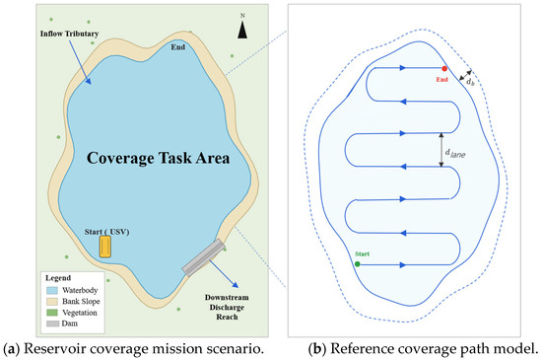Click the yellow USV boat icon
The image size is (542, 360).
click(x=105, y=247)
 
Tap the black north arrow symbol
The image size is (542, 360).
click(x=242, y=30)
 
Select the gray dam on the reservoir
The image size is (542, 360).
click(x=204, y=257)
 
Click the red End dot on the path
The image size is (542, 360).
click(x=444, y=68)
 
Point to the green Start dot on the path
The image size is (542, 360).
click(x=358, y=264)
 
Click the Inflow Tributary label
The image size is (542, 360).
click(x=70, y=34)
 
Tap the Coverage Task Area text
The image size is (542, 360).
click(x=158, y=158)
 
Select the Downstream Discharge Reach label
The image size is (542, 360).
click(x=227, y=307)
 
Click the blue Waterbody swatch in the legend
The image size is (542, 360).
click(x=52, y=290)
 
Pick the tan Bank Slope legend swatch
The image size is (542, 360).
click(x=52, y=301)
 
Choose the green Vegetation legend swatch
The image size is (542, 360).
click(x=52, y=313)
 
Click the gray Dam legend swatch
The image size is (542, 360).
click(x=52, y=324)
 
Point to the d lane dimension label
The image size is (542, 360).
click(x=455, y=153)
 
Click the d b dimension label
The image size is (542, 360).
click(x=470, y=82)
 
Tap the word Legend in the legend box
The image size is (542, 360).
click(x=58, y=278)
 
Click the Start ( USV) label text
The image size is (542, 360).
click(x=106, y=232)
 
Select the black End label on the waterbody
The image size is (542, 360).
click(x=178, y=47)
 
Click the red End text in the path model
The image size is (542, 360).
click(x=441, y=80)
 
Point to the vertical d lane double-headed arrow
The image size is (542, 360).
click(x=441, y=150)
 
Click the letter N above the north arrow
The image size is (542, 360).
click(x=242, y=16)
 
